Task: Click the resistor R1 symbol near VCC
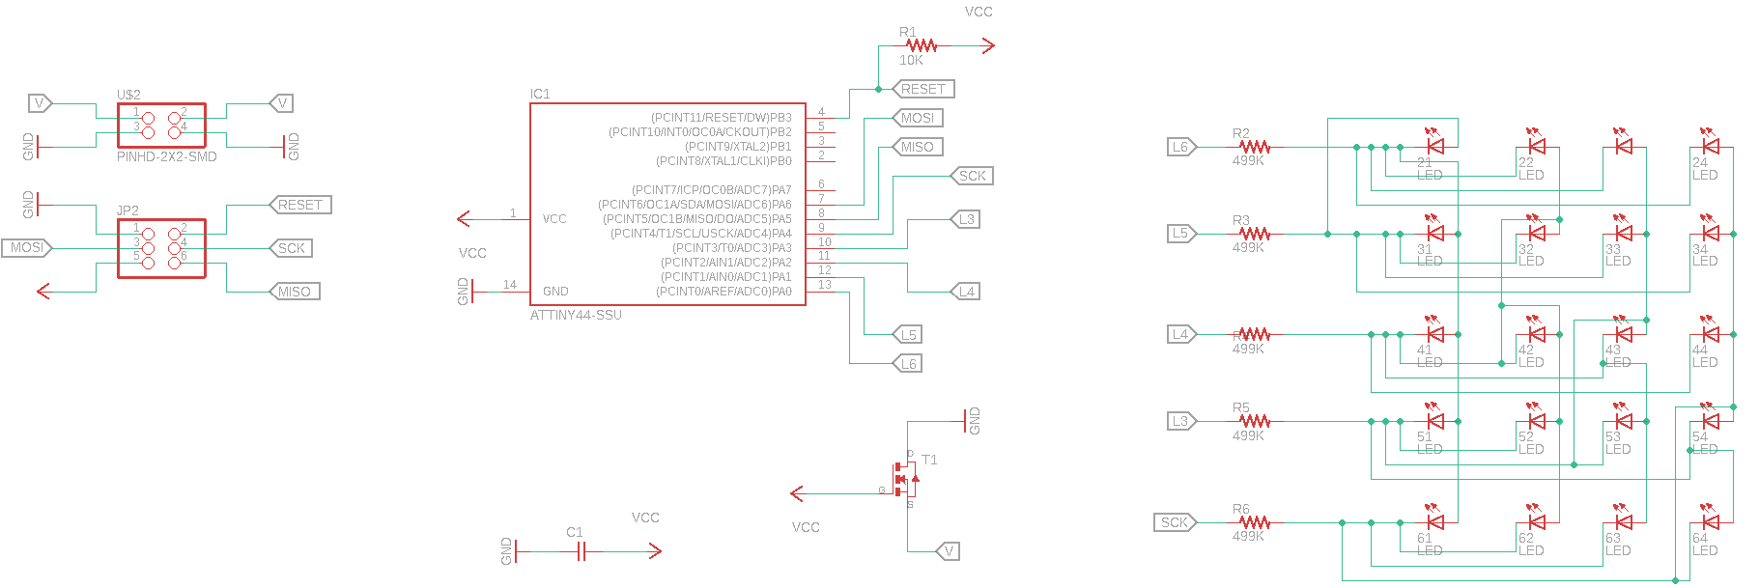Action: (922, 45)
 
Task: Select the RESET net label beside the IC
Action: (922, 89)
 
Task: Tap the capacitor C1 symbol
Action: (581, 551)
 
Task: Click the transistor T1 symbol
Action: (906, 479)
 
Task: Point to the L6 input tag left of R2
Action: (1180, 147)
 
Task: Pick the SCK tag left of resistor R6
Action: (1175, 522)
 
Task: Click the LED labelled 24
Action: (1711, 147)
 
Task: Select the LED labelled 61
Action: (1435, 522)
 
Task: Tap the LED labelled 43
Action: (1624, 334)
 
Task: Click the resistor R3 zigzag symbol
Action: (1254, 234)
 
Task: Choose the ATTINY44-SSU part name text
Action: (576, 316)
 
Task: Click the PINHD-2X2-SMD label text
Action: (166, 156)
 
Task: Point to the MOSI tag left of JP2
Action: (26, 248)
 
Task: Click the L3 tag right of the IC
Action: (966, 219)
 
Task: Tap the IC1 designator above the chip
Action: (540, 94)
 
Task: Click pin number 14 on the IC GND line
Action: (510, 285)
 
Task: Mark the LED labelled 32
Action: (1537, 233)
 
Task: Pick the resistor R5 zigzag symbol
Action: (1254, 421)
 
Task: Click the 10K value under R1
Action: (911, 60)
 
